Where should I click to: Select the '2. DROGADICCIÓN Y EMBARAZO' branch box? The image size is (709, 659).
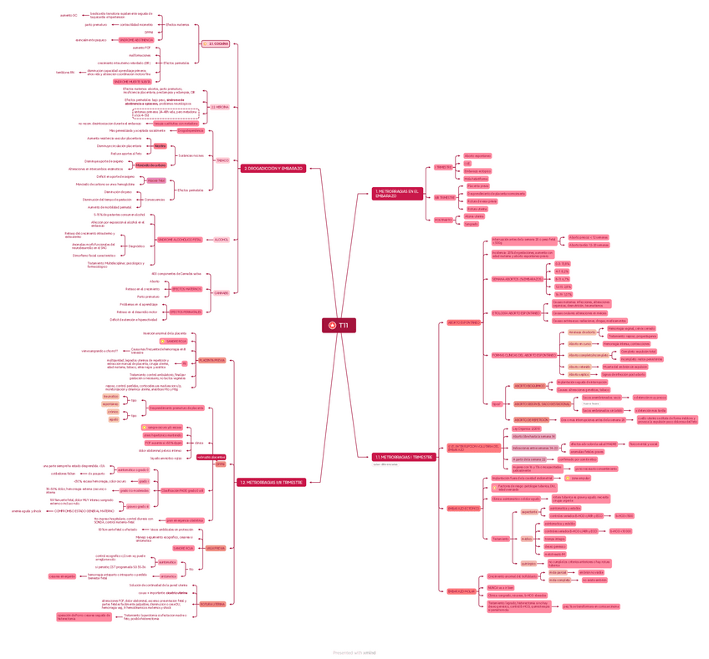[273, 169]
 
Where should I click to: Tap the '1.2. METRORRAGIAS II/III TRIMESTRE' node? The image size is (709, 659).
[270, 482]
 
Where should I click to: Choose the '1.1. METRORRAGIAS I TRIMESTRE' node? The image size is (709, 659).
[402, 457]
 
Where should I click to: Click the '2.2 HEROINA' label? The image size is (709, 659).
[219, 107]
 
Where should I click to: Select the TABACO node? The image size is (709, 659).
[222, 160]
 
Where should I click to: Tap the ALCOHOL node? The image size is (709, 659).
[222, 240]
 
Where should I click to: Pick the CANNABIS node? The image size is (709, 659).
[222, 292]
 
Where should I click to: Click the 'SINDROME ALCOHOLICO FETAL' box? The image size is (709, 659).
[179, 240]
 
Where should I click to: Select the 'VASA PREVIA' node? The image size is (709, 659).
[215, 548]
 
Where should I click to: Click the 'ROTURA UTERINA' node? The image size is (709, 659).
[212, 603]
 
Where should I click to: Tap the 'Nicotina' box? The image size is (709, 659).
[160, 145]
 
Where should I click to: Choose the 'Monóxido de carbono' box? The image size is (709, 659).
[163, 165]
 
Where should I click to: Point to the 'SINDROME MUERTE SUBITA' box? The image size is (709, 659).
[132, 81]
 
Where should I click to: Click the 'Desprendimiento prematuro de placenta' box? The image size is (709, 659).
[176, 408]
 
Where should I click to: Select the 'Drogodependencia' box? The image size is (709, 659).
[190, 130]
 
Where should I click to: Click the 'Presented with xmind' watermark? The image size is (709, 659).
[354, 652]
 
